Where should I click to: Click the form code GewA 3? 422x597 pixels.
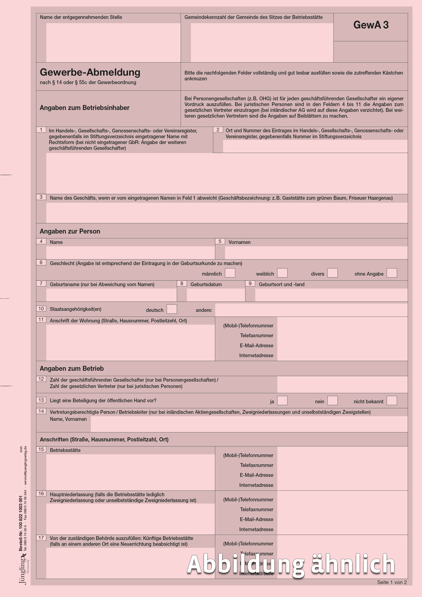pyautogui.click(x=371, y=25)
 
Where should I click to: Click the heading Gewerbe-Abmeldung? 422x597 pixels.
pyautogui.click(x=90, y=72)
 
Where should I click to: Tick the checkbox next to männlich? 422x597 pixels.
pyautogui.click(x=230, y=273)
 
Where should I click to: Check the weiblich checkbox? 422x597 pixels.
pyautogui.click(x=282, y=273)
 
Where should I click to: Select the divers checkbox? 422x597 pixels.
pyautogui.click(x=332, y=273)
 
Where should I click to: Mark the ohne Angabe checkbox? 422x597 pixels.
pyautogui.click(x=392, y=273)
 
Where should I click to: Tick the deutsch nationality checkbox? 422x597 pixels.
pyautogui.click(x=172, y=309)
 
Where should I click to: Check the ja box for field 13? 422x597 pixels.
pyautogui.click(x=282, y=401)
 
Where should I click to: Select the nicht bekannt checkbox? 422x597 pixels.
pyautogui.click(x=392, y=401)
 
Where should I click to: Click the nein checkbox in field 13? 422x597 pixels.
pyautogui.click(x=332, y=401)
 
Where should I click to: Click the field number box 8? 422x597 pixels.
pyautogui.click(x=182, y=283)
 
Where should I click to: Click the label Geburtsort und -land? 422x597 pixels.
pyautogui.click(x=281, y=284)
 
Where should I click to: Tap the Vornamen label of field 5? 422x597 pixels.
pyautogui.click(x=239, y=242)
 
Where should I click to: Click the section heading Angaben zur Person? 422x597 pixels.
pyautogui.click(x=70, y=231)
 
